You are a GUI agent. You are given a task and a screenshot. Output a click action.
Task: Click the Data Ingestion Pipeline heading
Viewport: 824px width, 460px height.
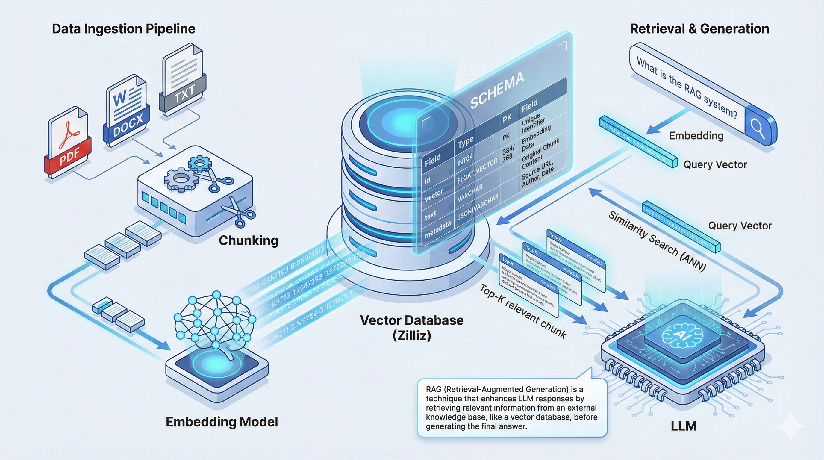[123, 29]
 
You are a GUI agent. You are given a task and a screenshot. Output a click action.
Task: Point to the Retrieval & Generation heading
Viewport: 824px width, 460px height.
[699, 29]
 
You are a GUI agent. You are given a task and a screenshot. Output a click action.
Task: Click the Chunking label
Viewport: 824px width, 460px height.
[248, 240]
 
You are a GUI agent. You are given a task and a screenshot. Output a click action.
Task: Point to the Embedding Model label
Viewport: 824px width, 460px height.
[222, 422]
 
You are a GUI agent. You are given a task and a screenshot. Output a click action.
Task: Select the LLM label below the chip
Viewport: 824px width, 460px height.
[684, 426]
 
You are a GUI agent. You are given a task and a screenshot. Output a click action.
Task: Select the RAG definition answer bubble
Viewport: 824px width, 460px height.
[512, 408]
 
